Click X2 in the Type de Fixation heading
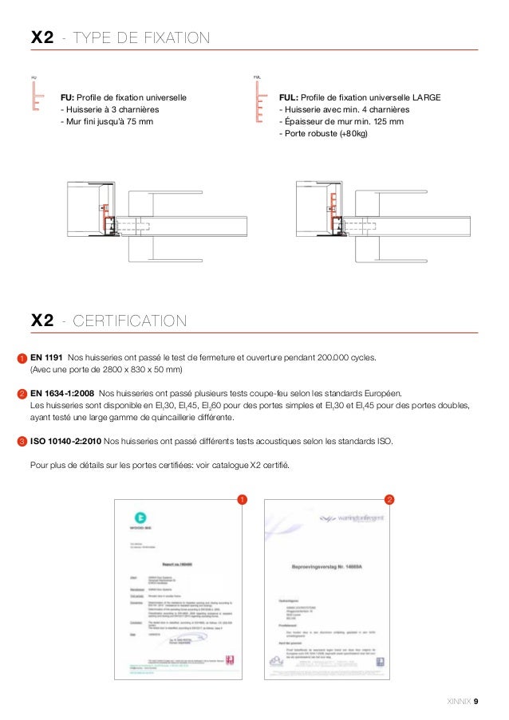pyautogui.click(x=41, y=37)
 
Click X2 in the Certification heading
pyautogui.click(x=41, y=321)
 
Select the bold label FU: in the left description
pyautogui.click(x=69, y=98)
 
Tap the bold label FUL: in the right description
pyautogui.click(x=289, y=98)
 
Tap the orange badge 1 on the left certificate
pyautogui.click(x=241, y=500)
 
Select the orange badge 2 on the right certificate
pyautogui.click(x=389, y=500)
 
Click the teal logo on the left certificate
pyautogui.click(x=140, y=517)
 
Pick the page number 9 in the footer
pyautogui.click(x=476, y=702)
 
